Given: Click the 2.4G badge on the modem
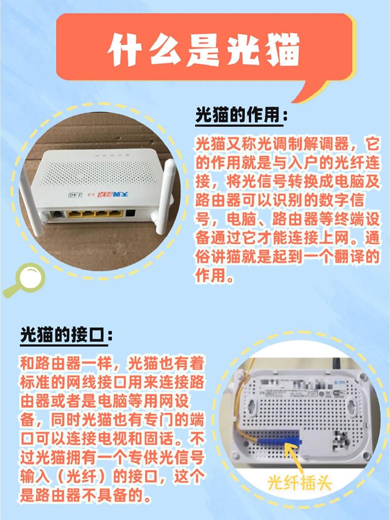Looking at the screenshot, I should [75, 195].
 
